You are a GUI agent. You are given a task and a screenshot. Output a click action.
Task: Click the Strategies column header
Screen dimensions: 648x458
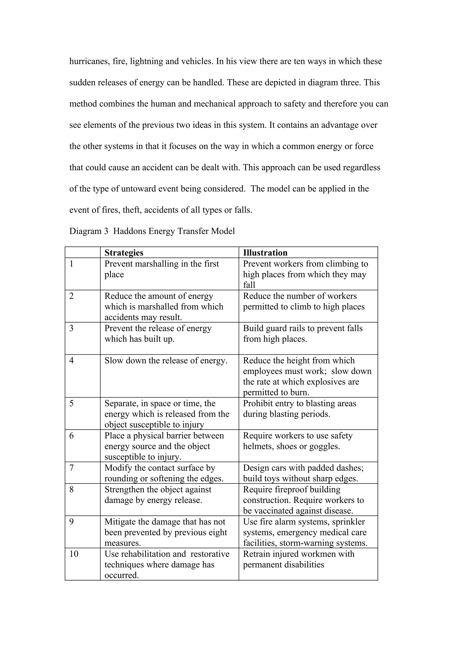[x=124, y=253]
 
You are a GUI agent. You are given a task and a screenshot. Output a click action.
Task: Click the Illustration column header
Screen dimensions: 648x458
[x=265, y=253]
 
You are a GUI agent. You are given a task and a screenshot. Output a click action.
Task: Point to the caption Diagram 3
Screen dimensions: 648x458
[x=89, y=231]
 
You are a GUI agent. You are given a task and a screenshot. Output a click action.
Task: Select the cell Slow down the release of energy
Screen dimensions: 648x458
[x=166, y=360]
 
